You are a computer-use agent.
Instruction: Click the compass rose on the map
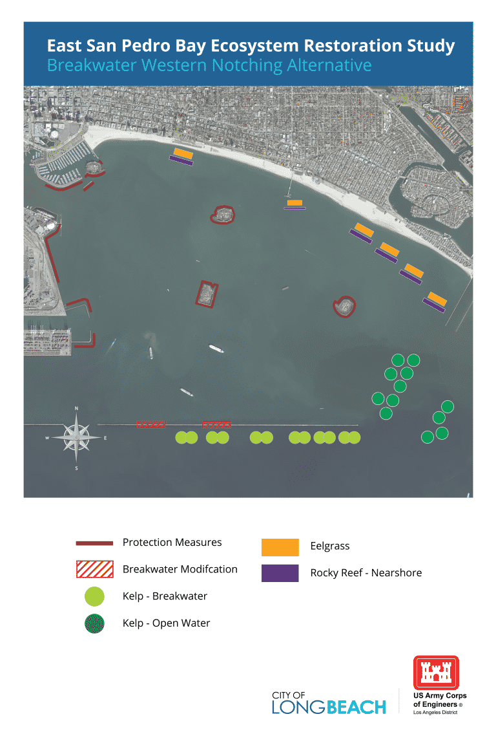(77, 438)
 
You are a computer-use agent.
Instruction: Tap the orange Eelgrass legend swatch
(280, 547)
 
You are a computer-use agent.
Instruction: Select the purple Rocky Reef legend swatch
(280, 573)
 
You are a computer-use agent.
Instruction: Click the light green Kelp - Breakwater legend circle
(94, 596)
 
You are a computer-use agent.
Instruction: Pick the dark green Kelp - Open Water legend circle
(94, 623)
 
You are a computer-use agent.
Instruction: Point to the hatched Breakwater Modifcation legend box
(94, 570)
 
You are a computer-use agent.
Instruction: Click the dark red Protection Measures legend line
(94, 543)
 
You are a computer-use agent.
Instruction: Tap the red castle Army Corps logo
(436, 673)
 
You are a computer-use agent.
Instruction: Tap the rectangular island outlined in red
(207, 294)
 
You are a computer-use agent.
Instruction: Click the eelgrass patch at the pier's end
(294, 202)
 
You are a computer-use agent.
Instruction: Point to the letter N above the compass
(77, 409)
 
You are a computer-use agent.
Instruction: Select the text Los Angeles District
(435, 713)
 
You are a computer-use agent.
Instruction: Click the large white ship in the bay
(216, 349)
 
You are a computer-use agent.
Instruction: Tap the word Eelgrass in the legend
(330, 546)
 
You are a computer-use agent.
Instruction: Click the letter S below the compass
(77, 468)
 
